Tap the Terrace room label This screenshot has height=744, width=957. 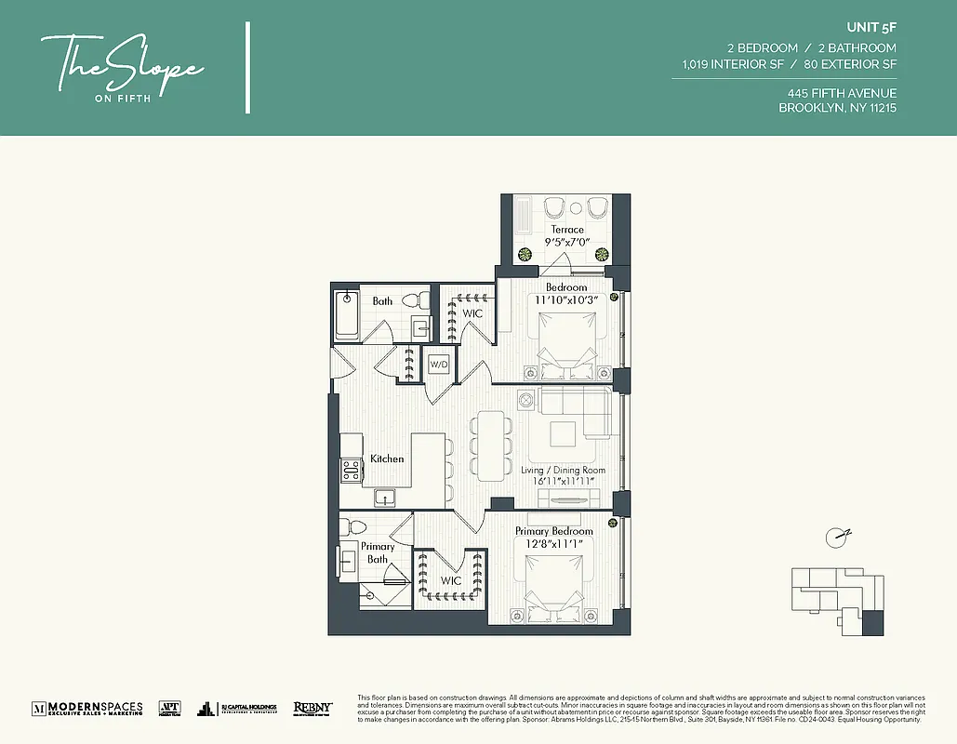(x=566, y=230)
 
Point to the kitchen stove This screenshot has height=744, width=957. (x=351, y=471)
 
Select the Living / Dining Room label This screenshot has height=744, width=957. (x=563, y=471)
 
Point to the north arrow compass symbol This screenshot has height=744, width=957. (x=837, y=536)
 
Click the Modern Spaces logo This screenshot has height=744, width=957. (x=87, y=708)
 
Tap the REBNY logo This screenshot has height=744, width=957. (x=312, y=708)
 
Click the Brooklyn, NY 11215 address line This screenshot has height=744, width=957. (x=837, y=108)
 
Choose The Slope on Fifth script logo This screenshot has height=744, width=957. (x=120, y=68)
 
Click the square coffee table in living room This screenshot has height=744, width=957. (x=563, y=435)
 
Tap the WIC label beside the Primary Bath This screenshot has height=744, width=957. (x=451, y=581)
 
